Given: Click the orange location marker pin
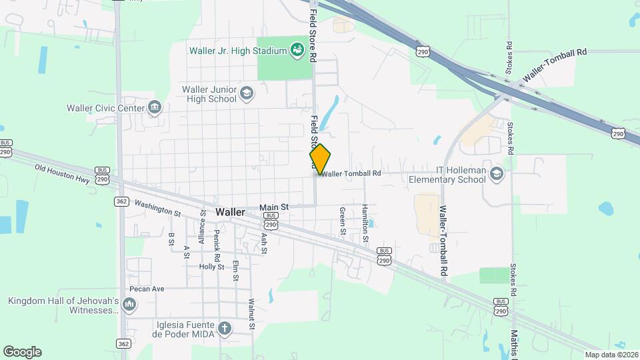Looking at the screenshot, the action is (321, 159).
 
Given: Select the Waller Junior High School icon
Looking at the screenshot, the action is (247, 93).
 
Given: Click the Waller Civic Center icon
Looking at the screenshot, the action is (155, 107).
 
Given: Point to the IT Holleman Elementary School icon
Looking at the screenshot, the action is (496, 174).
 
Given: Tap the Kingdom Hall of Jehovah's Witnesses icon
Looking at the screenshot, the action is (129, 305).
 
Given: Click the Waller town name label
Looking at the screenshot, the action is (230, 211).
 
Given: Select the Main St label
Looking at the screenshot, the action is (274, 207).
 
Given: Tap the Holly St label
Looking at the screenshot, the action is (211, 267).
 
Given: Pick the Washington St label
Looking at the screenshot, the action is (158, 208).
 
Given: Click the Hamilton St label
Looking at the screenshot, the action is (365, 223).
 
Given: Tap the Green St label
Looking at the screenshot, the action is (342, 221).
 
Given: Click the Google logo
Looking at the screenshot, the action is (22, 352).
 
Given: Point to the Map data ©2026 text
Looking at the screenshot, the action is (611, 355).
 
